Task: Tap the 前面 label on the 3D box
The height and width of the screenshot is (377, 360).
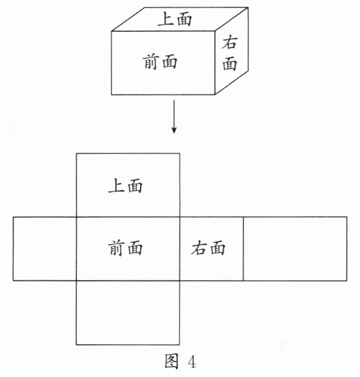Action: pyautogui.click(x=159, y=62)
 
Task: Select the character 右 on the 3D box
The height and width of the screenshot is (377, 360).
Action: pyautogui.click(x=230, y=44)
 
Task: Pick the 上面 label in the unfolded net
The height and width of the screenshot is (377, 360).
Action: pyautogui.click(x=125, y=185)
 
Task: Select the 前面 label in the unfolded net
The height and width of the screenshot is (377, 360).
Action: pyautogui.click(x=125, y=248)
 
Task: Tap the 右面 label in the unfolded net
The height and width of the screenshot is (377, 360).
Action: pyautogui.click(x=208, y=248)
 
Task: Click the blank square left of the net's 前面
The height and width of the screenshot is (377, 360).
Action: pyautogui.click(x=45, y=248)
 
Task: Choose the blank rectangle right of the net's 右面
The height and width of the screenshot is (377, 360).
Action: pyautogui.click(x=294, y=248)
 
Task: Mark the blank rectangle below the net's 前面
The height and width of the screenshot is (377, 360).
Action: pyautogui.click(x=127, y=312)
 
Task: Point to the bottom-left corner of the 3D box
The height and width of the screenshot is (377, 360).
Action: pyautogui.click(x=112, y=95)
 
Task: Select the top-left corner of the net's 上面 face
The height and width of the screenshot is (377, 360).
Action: pyautogui.click(x=76, y=153)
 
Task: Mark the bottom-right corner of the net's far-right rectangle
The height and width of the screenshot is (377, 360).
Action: pyautogui.click(x=347, y=280)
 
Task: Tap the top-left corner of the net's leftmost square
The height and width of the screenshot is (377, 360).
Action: pyautogui.click(x=13, y=217)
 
